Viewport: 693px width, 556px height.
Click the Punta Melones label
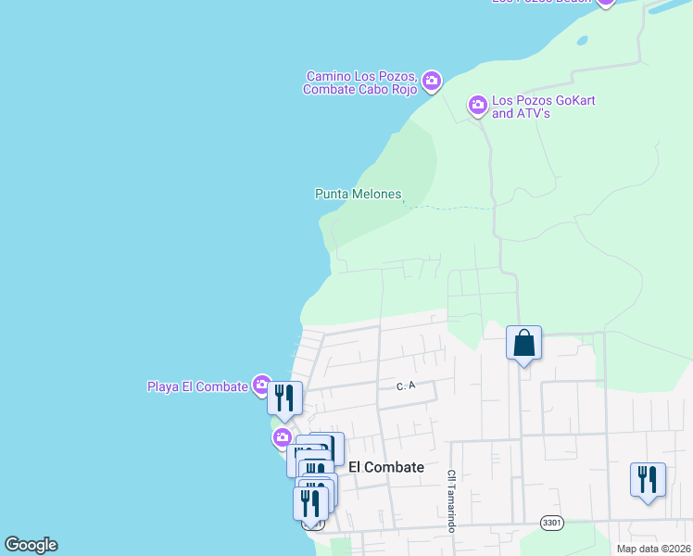[359, 194]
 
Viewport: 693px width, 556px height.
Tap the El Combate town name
[386, 468]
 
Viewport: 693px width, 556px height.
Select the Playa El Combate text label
[197, 386]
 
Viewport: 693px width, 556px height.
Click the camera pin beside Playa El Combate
[262, 385]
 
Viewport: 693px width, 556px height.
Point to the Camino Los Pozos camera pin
[432, 82]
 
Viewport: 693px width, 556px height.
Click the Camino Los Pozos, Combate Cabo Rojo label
[360, 82]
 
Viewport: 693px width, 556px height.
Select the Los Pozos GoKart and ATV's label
[534, 107]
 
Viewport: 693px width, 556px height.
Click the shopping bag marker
[523, 344]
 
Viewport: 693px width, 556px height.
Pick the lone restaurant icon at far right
[646, 480]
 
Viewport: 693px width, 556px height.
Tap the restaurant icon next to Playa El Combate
[285, 398]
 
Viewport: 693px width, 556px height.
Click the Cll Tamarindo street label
[452, 500]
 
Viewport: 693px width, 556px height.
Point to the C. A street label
[403, 385]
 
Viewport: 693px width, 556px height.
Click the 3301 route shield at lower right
[551, 524]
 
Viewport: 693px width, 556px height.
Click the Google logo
[31, 545]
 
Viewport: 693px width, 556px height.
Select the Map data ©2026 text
[654, 549]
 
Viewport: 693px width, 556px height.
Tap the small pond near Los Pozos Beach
[582, 41]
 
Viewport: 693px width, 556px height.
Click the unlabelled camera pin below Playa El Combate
[282, 437]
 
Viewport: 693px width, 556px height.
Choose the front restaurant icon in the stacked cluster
[310, 503]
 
